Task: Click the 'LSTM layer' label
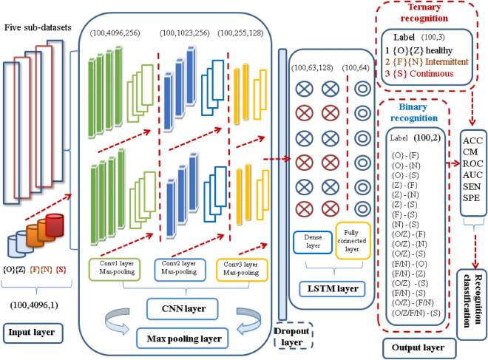pos(332,285)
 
